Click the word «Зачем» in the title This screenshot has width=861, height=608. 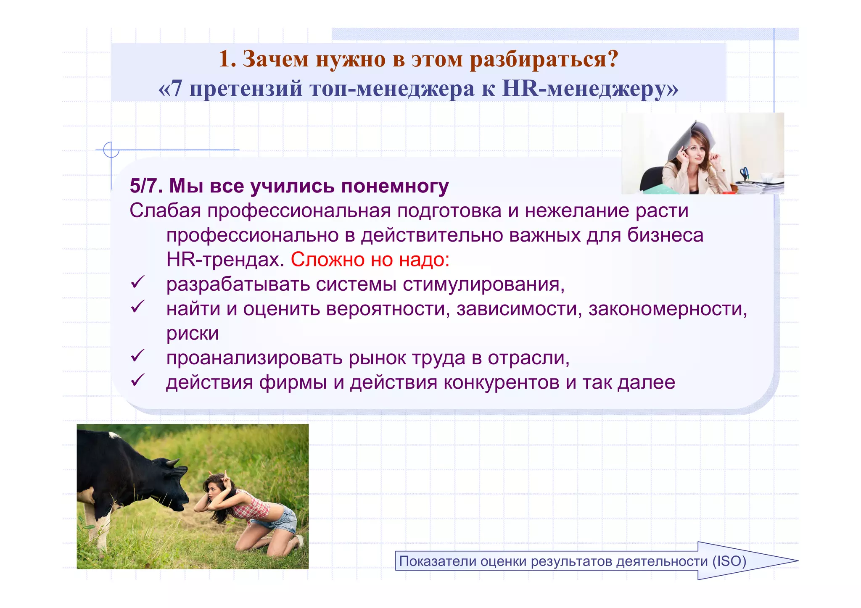[x=276, y=59]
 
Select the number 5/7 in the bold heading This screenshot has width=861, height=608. [x=145, y=186]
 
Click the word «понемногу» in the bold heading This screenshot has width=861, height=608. [x=395, y=186]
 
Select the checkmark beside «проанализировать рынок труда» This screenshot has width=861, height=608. [x=137, y=356]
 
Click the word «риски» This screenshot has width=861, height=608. [x=193, y=334]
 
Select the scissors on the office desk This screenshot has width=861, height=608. [x=744, y=173]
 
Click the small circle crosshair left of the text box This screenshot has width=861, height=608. [x=111, y=150]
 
